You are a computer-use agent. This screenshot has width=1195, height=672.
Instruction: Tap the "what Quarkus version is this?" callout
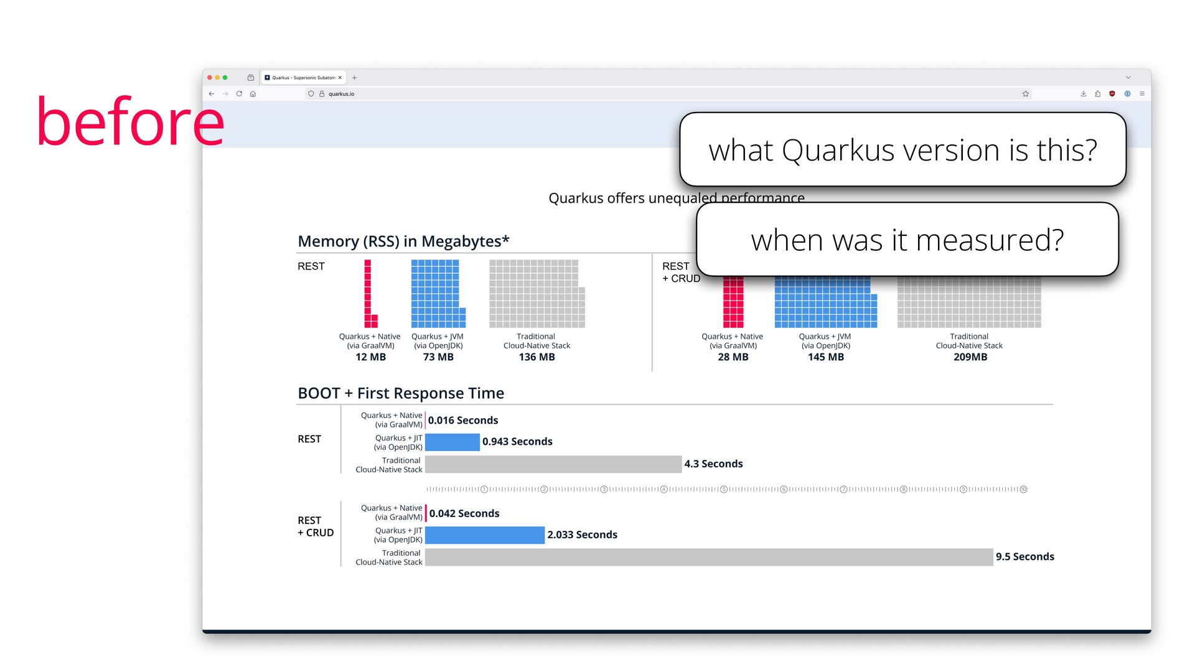[x=902, y=150]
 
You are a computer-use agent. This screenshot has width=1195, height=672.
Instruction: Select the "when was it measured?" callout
[x=907, y=240]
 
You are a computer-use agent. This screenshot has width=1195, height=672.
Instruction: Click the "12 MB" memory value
[x=370, y=357]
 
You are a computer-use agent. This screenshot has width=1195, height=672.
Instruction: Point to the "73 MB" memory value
[x=438, y=357]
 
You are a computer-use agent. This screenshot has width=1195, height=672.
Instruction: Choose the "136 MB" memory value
[x=537, y=357]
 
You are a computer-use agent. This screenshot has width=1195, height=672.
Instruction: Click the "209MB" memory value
[x=970, y=357]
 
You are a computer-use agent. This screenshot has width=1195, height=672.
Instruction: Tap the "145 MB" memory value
[x=825, y=357]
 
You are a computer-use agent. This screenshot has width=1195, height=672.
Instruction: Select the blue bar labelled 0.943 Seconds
[x=452, y=442]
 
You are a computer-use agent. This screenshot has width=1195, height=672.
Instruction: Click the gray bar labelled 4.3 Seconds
[x=553, y=464]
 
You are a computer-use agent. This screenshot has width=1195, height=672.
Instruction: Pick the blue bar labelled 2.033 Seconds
[x=485, y=535]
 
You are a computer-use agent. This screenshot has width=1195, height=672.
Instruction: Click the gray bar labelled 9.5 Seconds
[x=709, y=557]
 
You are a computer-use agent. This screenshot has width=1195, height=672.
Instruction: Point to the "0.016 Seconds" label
[x=463, y=421]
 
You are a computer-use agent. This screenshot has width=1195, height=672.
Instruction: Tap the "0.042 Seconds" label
[x=464, y=513]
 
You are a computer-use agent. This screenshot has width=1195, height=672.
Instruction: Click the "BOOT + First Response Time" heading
[x=401, y=393]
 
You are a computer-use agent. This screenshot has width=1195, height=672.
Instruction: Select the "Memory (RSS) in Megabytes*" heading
[x=403, y=241]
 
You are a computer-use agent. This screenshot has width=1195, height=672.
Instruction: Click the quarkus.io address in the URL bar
[x=341, y=94]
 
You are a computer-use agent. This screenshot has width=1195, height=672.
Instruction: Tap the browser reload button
[x=239, y=94]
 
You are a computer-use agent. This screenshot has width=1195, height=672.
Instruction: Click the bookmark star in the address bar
[x=1025, y=94]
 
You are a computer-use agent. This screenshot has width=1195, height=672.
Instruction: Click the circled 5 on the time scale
[x=724, y=490]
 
